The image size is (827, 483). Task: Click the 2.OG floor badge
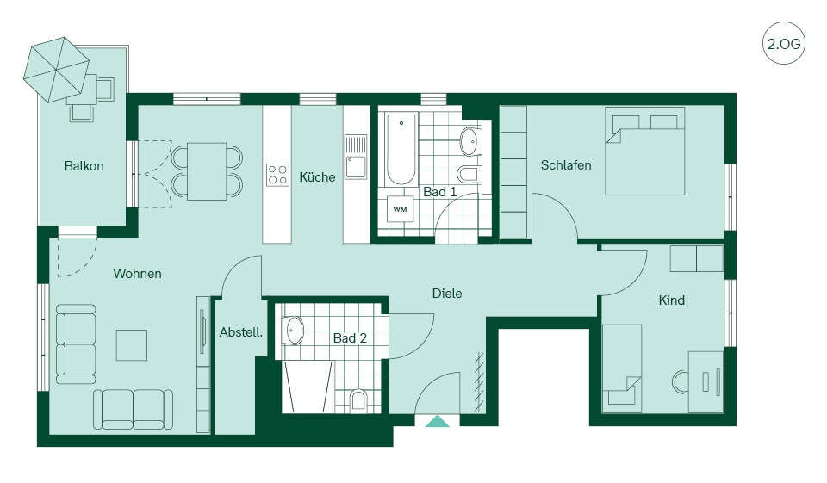point(784,43)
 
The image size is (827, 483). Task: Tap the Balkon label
point(84,166)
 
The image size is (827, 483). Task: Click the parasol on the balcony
point(56,70)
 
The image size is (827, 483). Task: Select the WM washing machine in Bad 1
point(400,209)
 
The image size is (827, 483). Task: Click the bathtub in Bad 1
point(401,149)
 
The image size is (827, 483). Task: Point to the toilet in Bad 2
point(358,399)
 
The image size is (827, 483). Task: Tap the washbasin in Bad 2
point(292,330)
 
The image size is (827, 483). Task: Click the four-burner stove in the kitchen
point(277,175)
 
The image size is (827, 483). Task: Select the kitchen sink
point(356,158)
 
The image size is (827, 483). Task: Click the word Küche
point(317,177)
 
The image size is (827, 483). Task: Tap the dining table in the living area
point(207,171)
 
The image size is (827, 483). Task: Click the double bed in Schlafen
point(645,152)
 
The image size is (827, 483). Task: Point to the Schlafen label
point(566,165)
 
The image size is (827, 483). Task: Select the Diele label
point(447,294)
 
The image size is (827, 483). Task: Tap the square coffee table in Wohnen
point(131,345)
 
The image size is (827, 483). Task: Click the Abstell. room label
point(241,332)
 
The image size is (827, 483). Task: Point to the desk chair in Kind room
point(681,382)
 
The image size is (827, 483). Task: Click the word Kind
point(671,300)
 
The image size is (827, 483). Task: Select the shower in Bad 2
point(308,387)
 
